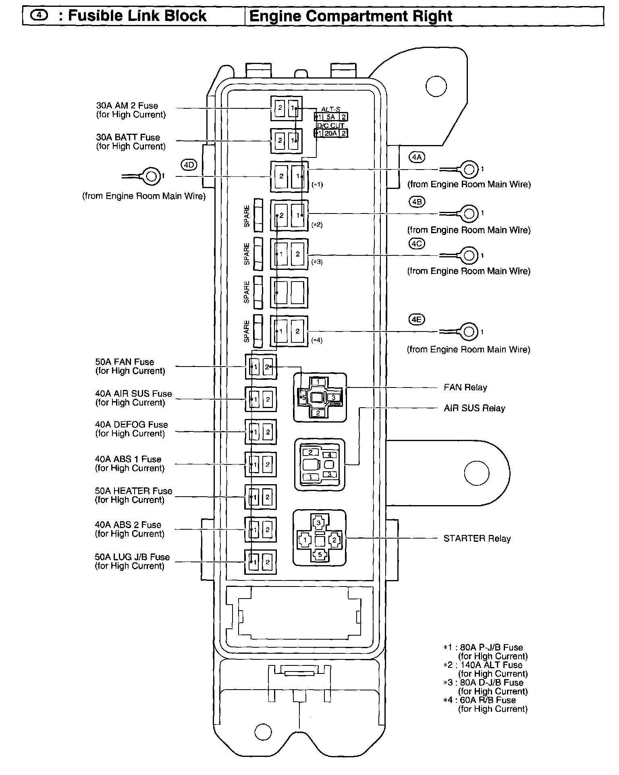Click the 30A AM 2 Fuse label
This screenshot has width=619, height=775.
point(127,106)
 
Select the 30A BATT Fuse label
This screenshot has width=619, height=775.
point(128,138)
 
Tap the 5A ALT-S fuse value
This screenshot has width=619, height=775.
point(330,117)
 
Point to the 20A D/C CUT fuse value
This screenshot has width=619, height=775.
point(330,133)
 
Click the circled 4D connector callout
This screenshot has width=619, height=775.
point(189,165)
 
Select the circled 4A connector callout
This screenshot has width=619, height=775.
point(417,157)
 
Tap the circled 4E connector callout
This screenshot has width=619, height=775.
point(417,320)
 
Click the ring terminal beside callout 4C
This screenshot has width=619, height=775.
point(469,255)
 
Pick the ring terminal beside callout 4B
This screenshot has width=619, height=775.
point(469,213)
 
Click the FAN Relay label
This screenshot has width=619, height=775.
point(465,387)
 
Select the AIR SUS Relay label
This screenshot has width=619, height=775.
point(474,408)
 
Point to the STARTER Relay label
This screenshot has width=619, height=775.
point(477,539)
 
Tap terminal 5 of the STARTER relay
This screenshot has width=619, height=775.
point(320,555)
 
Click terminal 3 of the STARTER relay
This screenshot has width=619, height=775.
point(319,523)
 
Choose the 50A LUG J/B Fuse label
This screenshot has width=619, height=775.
point(132,557)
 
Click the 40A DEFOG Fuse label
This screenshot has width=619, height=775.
point(131,425)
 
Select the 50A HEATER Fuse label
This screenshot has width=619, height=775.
point(133,491)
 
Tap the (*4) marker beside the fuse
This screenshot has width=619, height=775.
point(317,340)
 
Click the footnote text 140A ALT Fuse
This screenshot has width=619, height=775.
point(491,665)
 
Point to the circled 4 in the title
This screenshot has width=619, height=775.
point(39,15)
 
